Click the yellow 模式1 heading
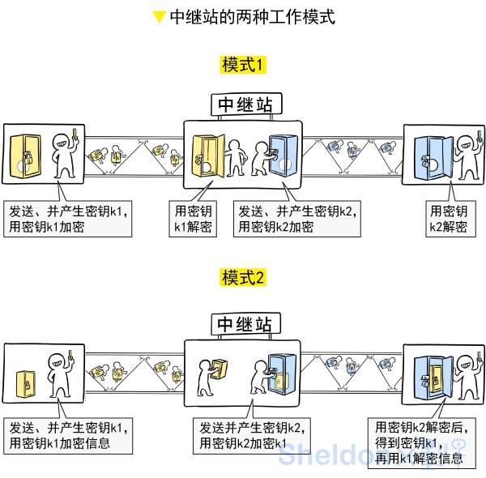coord(243,65)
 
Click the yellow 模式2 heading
coord(243,278)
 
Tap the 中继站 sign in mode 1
coord(247,104)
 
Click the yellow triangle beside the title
coord(160,16)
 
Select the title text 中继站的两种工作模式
coord(252,16)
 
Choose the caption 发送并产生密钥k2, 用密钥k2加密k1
coord(251,435)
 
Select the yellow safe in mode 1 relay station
coord(207,154)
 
